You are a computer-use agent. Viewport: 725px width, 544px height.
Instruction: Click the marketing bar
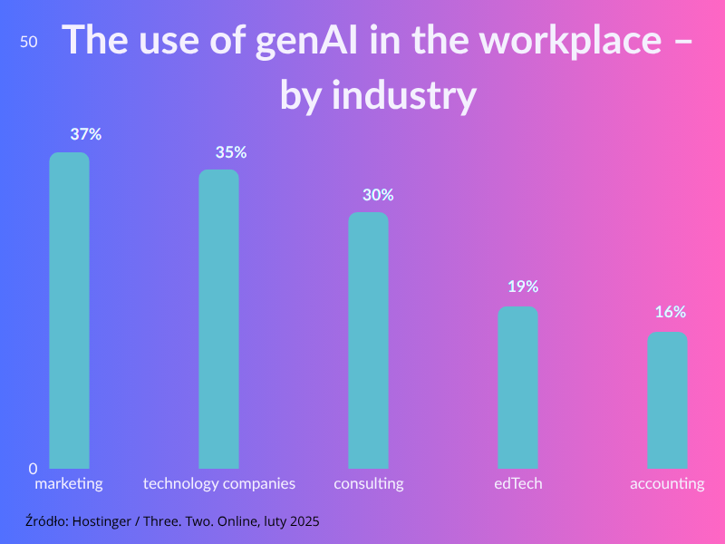69,310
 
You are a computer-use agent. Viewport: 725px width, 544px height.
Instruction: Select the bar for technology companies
219,319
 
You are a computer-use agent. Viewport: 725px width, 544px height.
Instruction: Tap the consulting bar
369,340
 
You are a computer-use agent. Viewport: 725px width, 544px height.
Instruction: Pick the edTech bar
518,387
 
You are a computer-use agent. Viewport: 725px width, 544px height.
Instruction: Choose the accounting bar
667,400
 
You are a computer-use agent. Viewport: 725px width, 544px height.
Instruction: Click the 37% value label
86,134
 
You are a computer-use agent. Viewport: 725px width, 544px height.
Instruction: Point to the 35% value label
231,152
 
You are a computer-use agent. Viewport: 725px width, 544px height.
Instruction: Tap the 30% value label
378,195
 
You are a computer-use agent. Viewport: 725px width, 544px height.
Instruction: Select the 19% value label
523,287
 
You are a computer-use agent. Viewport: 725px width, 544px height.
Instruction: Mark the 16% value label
671,312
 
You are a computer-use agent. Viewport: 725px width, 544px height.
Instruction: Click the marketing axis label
69,483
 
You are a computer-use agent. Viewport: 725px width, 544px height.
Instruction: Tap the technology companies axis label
219,483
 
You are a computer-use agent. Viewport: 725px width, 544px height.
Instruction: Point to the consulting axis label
369,483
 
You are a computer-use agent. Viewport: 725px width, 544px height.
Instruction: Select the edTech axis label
518,483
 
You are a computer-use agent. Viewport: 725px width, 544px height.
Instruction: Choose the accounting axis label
667,483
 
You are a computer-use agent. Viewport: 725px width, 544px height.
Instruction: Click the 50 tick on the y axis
29,43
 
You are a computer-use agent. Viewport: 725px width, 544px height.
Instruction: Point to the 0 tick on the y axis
33,469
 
